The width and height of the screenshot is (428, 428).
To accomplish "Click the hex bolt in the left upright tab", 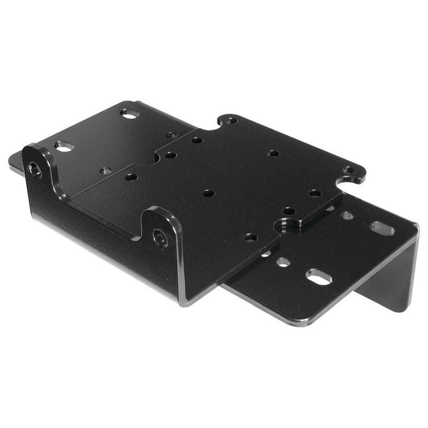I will point(34,170).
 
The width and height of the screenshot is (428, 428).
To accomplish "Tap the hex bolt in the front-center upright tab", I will point(160,238).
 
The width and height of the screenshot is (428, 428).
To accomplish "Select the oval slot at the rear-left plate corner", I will point(129,113).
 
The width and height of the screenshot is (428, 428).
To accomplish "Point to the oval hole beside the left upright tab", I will point(63,146).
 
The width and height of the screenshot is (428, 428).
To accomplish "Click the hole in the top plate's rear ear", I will point(231,120).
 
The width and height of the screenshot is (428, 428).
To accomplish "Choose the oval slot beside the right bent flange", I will point(382,228).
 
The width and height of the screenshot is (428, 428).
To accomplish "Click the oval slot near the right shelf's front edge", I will point(319,277).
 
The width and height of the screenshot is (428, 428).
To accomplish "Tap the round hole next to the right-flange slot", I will point(347,216).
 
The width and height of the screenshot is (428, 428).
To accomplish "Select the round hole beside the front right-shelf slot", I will point(283,262).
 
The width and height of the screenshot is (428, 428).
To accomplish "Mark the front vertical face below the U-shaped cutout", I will point(96,235).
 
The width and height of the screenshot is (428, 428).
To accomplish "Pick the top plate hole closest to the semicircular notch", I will point(289,211).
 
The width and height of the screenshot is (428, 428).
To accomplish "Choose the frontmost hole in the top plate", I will point(250,237).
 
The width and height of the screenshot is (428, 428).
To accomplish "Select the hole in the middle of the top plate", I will point(209,193).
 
